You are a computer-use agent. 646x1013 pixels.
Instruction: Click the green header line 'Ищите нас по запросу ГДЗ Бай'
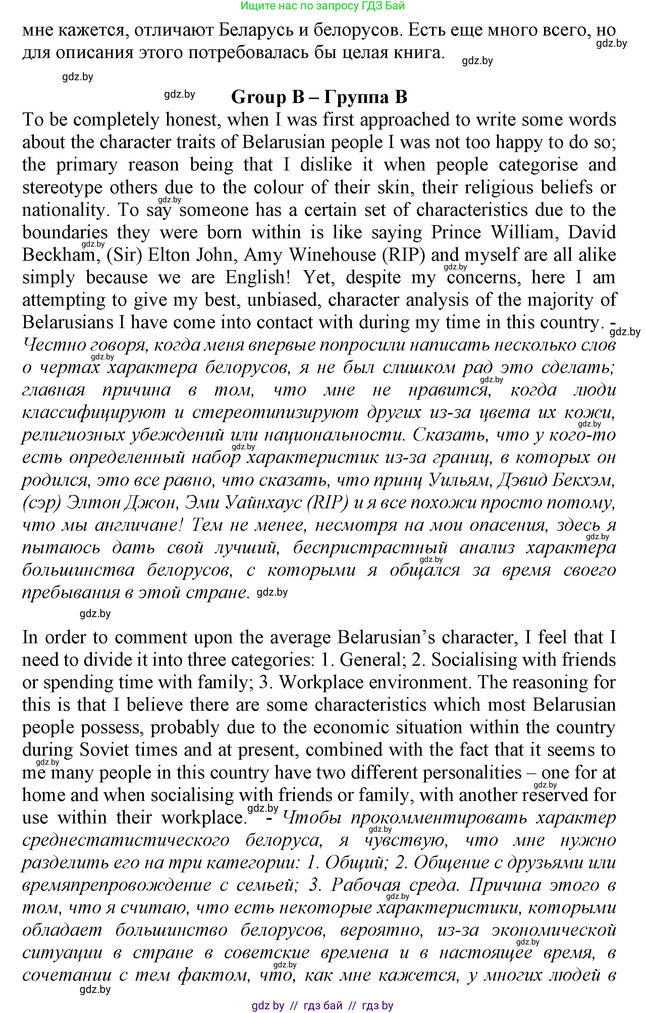[x=323, y=6]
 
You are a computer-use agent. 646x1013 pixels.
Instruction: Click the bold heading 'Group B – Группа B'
[x=319, y=97]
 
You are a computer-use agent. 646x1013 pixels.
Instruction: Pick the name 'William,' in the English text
[x=525, y=233]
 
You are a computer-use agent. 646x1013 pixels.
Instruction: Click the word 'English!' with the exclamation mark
[x=261, y=277]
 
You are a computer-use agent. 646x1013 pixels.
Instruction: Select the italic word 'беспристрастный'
[x=370, y=548]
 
